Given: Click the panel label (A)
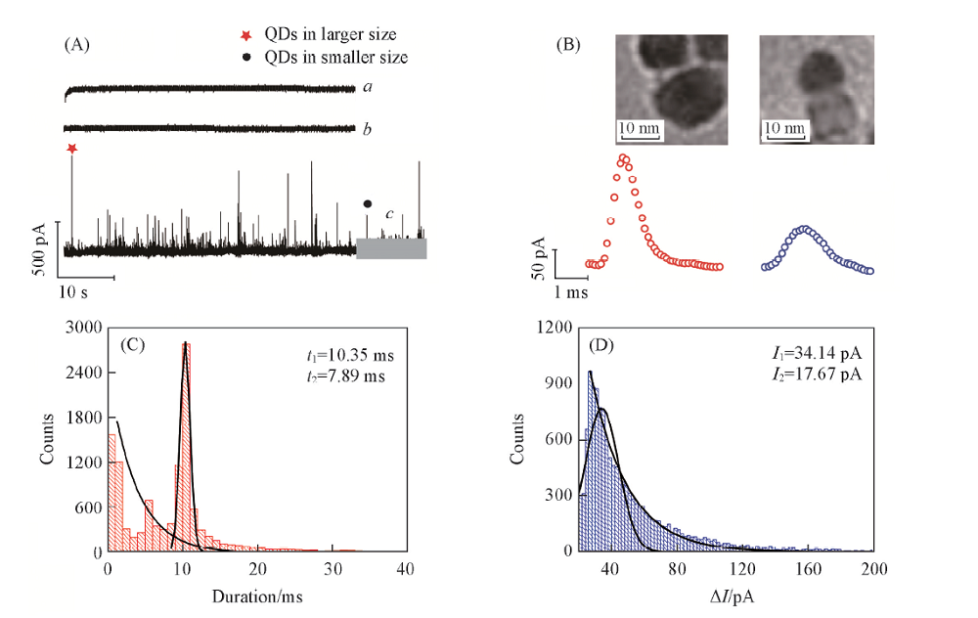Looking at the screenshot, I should tap(77, 44).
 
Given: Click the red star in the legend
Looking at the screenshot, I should tap(244, 36).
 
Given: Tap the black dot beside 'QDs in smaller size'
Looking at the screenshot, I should tap(245, 58).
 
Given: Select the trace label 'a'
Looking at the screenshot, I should tap(367, 88).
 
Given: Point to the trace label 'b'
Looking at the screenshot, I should tap(367, 128).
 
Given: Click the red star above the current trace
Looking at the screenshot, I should tap(71, 149).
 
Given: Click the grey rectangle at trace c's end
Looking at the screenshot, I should tap(391, 248).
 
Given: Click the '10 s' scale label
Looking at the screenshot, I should tap(75, 290).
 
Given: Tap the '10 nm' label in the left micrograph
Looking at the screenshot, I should tap(639, 128).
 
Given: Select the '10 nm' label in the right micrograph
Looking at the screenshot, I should tap(784, 128).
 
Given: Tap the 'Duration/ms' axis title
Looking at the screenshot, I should tap(257, 593).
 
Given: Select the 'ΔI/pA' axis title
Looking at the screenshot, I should tap(726, 593).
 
